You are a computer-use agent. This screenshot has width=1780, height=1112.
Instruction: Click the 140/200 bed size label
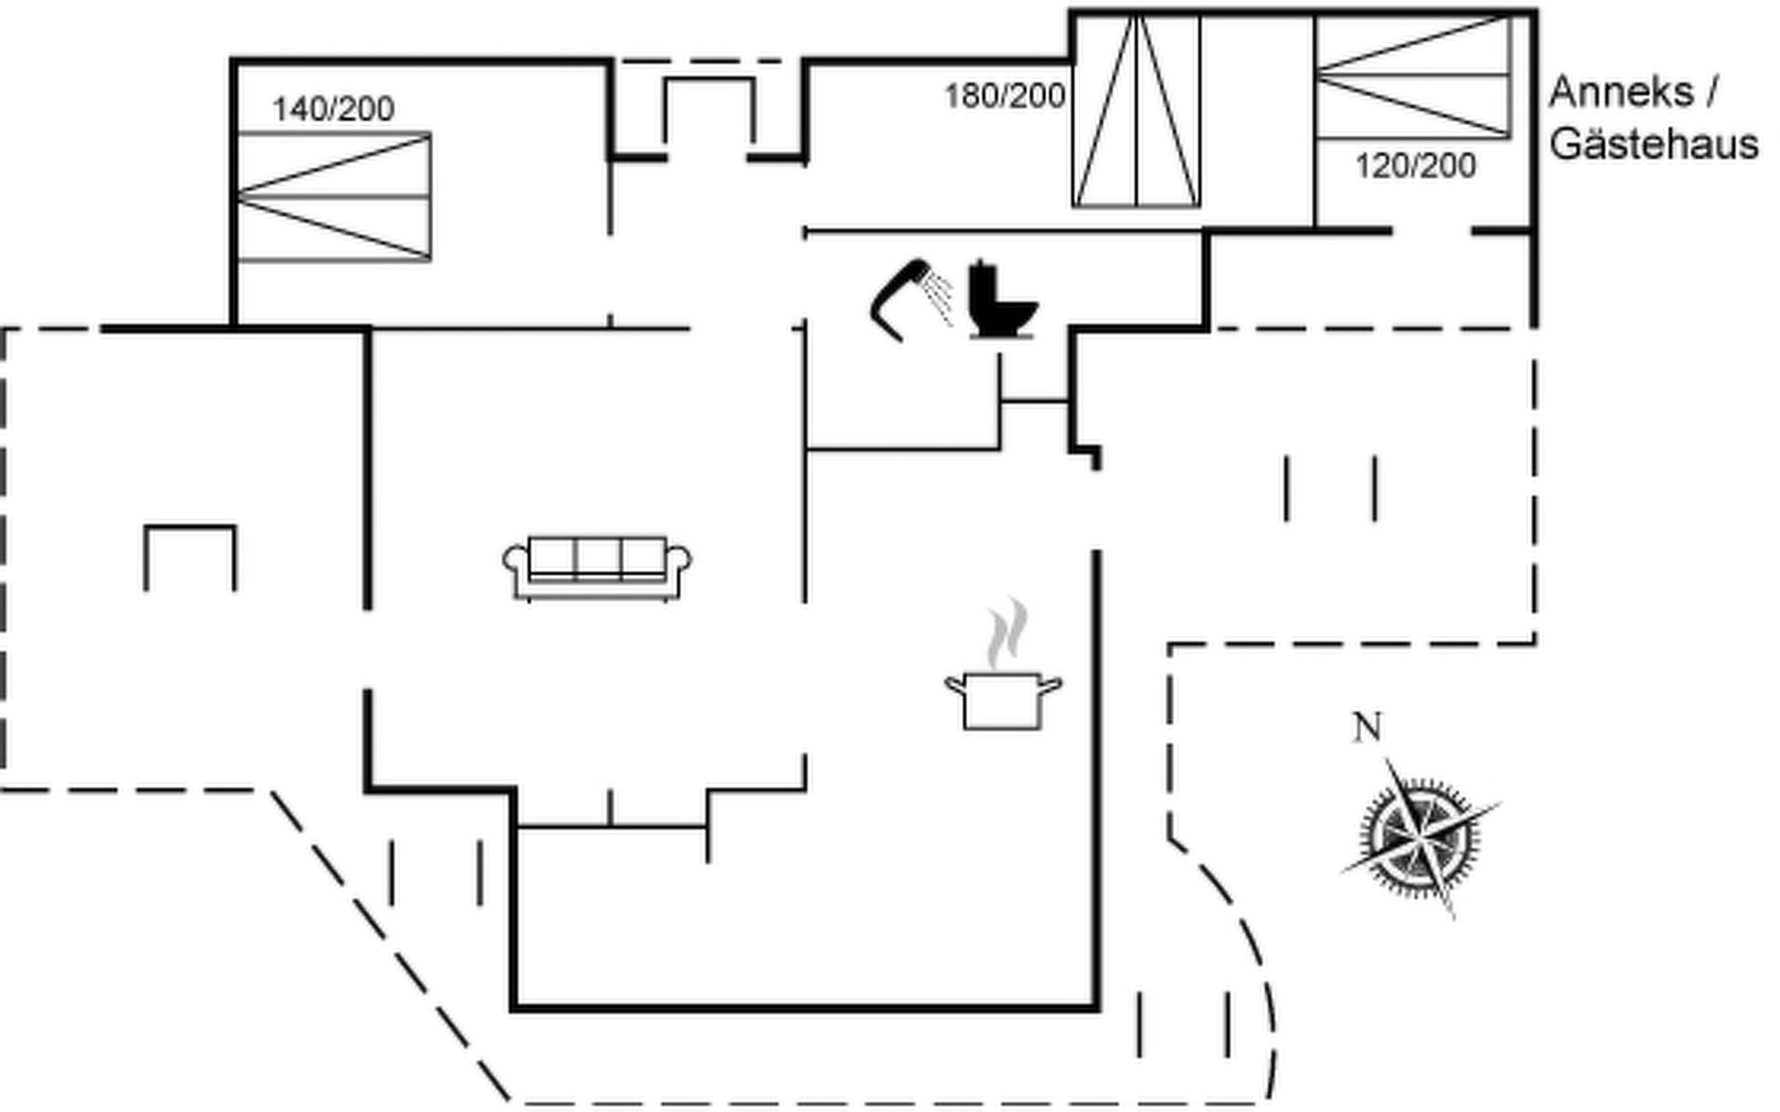click(333, 109)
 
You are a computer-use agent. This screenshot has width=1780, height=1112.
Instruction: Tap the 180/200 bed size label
click(1004, 95)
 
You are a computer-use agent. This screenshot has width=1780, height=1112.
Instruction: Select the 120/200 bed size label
click(1415, 166)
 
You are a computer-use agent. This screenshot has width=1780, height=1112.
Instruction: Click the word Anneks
click(1621, 92)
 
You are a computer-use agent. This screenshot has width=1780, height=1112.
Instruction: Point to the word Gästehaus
click(1654, 145)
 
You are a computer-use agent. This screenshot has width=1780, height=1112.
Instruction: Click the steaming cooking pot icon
click(1002, 699)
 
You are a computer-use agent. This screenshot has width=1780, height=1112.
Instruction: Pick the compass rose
click(1418, 834)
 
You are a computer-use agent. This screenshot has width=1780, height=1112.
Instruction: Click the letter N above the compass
click(1367, 727)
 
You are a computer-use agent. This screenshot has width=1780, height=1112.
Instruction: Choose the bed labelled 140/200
click(334, 196)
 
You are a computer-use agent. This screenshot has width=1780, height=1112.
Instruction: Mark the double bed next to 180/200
click(1136, 111)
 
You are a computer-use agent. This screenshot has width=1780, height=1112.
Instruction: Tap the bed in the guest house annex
click(1412, 78)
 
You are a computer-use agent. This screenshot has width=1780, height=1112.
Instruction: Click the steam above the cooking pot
click(1007, 634)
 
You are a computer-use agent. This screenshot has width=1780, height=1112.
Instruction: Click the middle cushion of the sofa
click(597, 558)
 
